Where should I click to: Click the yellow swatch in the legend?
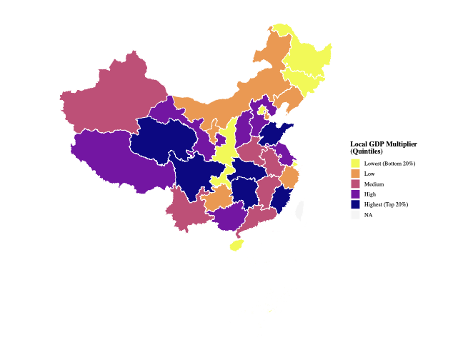pos(355,164)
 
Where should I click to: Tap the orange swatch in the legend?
pos(355,174)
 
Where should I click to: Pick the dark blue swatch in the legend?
pos(355,204)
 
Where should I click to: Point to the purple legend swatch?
pos(355,194)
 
